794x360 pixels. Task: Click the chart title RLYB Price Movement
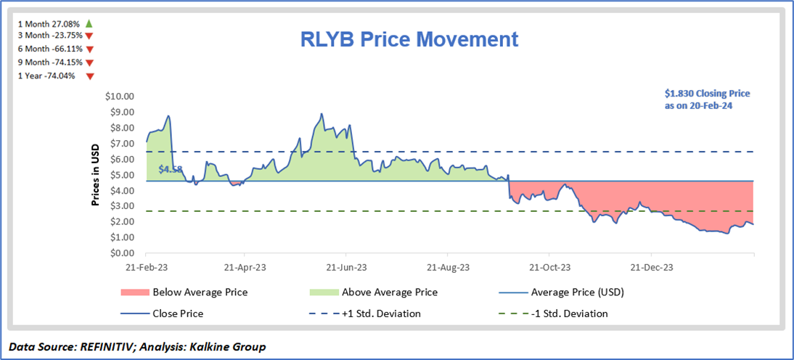(409, 39)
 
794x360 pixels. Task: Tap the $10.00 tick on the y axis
(120, 97)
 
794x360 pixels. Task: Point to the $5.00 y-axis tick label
(122, 175)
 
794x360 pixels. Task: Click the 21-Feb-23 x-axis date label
(146, 267)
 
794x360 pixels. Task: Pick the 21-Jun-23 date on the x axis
(345, 267)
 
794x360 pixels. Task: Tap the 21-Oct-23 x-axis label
(549, 267)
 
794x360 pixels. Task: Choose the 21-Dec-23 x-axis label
(651, 267)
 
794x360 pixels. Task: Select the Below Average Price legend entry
(200, 292)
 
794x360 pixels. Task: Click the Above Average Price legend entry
(373, 292)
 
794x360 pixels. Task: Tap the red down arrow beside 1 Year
(90, 75)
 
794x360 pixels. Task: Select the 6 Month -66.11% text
(49, 49)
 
